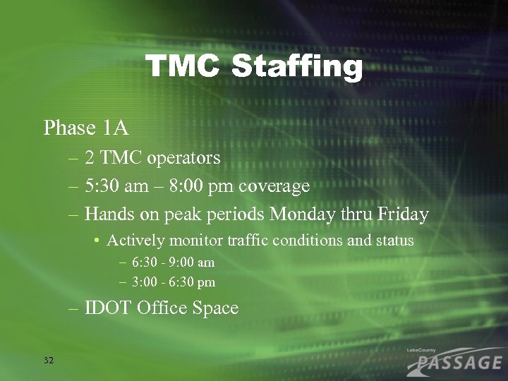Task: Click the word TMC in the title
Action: (185, 68)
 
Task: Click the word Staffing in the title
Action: (296, 69)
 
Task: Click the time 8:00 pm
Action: (205, 187)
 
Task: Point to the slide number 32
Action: (49, 361)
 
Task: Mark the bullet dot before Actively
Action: (96, 241)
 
